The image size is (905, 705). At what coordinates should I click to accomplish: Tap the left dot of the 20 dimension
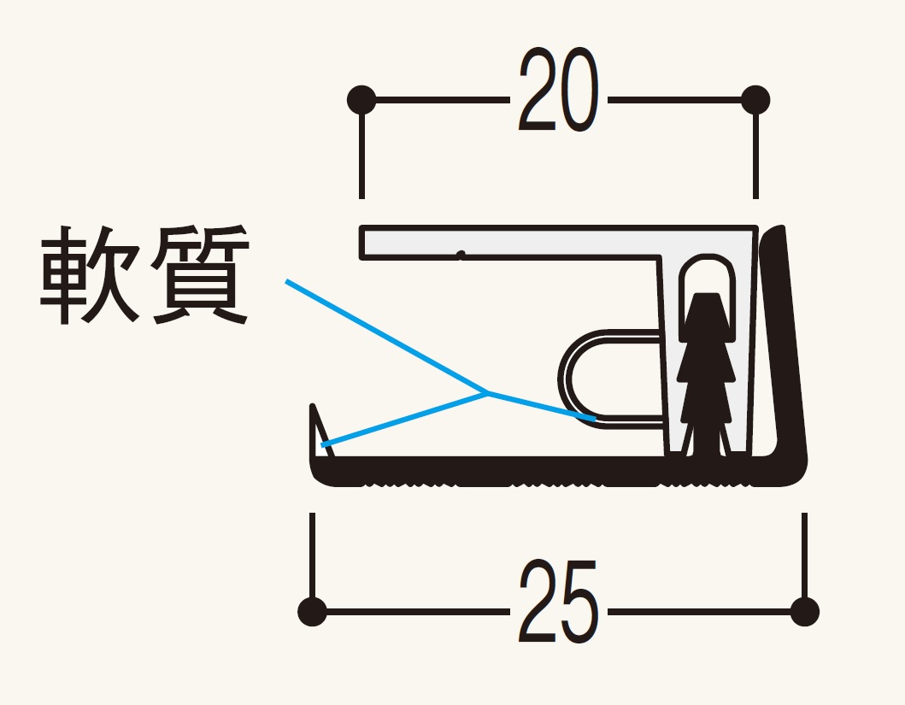361,99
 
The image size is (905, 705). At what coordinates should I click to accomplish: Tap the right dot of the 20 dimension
755,99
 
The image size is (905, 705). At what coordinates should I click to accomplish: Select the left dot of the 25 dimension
314,611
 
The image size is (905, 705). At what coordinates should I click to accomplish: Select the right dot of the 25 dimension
804,611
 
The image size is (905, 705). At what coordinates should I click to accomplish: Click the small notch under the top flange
461,255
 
